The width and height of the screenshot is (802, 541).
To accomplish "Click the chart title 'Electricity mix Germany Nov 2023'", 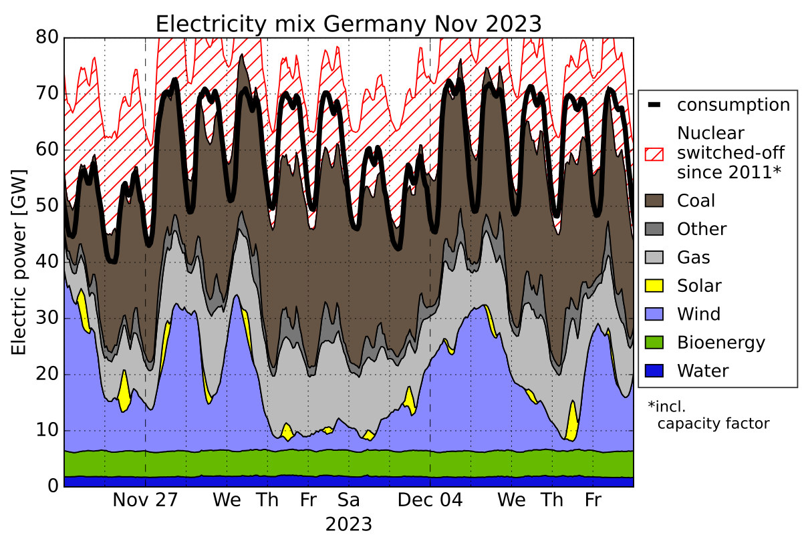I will (x=348, y=23).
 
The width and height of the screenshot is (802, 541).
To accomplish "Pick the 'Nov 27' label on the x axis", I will (x=145, y=501).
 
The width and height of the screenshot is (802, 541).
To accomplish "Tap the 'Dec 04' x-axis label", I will (x=430, y=501).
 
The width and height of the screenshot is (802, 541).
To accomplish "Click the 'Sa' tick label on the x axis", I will (x=348, y=501).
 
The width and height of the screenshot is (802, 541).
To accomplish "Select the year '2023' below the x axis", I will (x=348, y=523).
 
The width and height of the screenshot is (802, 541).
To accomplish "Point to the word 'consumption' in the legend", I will (x=733, y=105).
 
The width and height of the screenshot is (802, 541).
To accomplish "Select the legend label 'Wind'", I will (x=698, y=315).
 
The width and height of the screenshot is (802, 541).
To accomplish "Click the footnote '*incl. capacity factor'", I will (x=708, y=414).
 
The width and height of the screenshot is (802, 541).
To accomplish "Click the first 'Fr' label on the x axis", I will (x=307, y=501).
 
